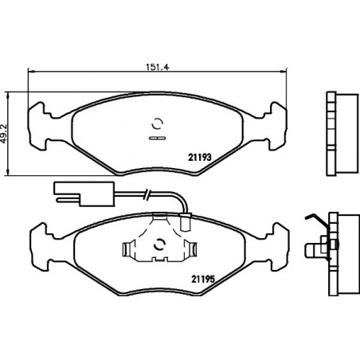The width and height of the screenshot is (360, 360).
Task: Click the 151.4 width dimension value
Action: click(x=158, y=67)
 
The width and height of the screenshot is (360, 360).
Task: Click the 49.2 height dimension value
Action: click(x=3, y=134)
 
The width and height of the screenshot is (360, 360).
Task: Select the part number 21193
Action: click(x=200, y=158)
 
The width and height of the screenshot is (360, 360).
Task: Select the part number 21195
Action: click(x=203, y=279)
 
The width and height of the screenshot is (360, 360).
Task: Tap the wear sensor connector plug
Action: click(x=84, y=194)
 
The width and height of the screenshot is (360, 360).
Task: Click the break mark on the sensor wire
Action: click(x=147, y=194)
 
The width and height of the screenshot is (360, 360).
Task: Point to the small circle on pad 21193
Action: click(x=157, y=123)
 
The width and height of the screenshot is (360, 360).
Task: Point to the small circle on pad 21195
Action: click(x=159, y=245)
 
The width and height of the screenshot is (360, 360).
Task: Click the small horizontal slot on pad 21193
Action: click(x=157, y=138)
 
